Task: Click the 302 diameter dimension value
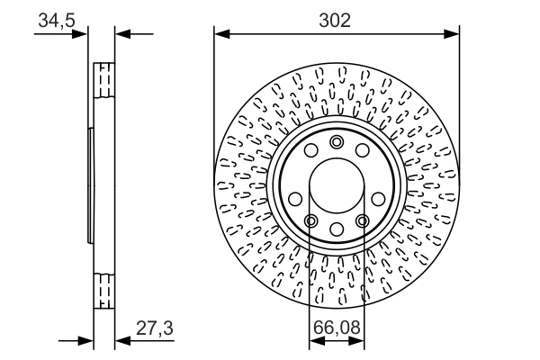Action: (x=337, y=19)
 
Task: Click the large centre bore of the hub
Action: (x=337, y=190)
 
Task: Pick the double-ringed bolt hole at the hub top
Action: (x=337, y=142)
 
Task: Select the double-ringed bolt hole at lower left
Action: (x=310, y=221)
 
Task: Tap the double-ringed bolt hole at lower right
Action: (x=363, y=221)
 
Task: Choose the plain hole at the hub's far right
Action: (x=380, y=199)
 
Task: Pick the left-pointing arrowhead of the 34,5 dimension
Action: (x=123, y=35)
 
